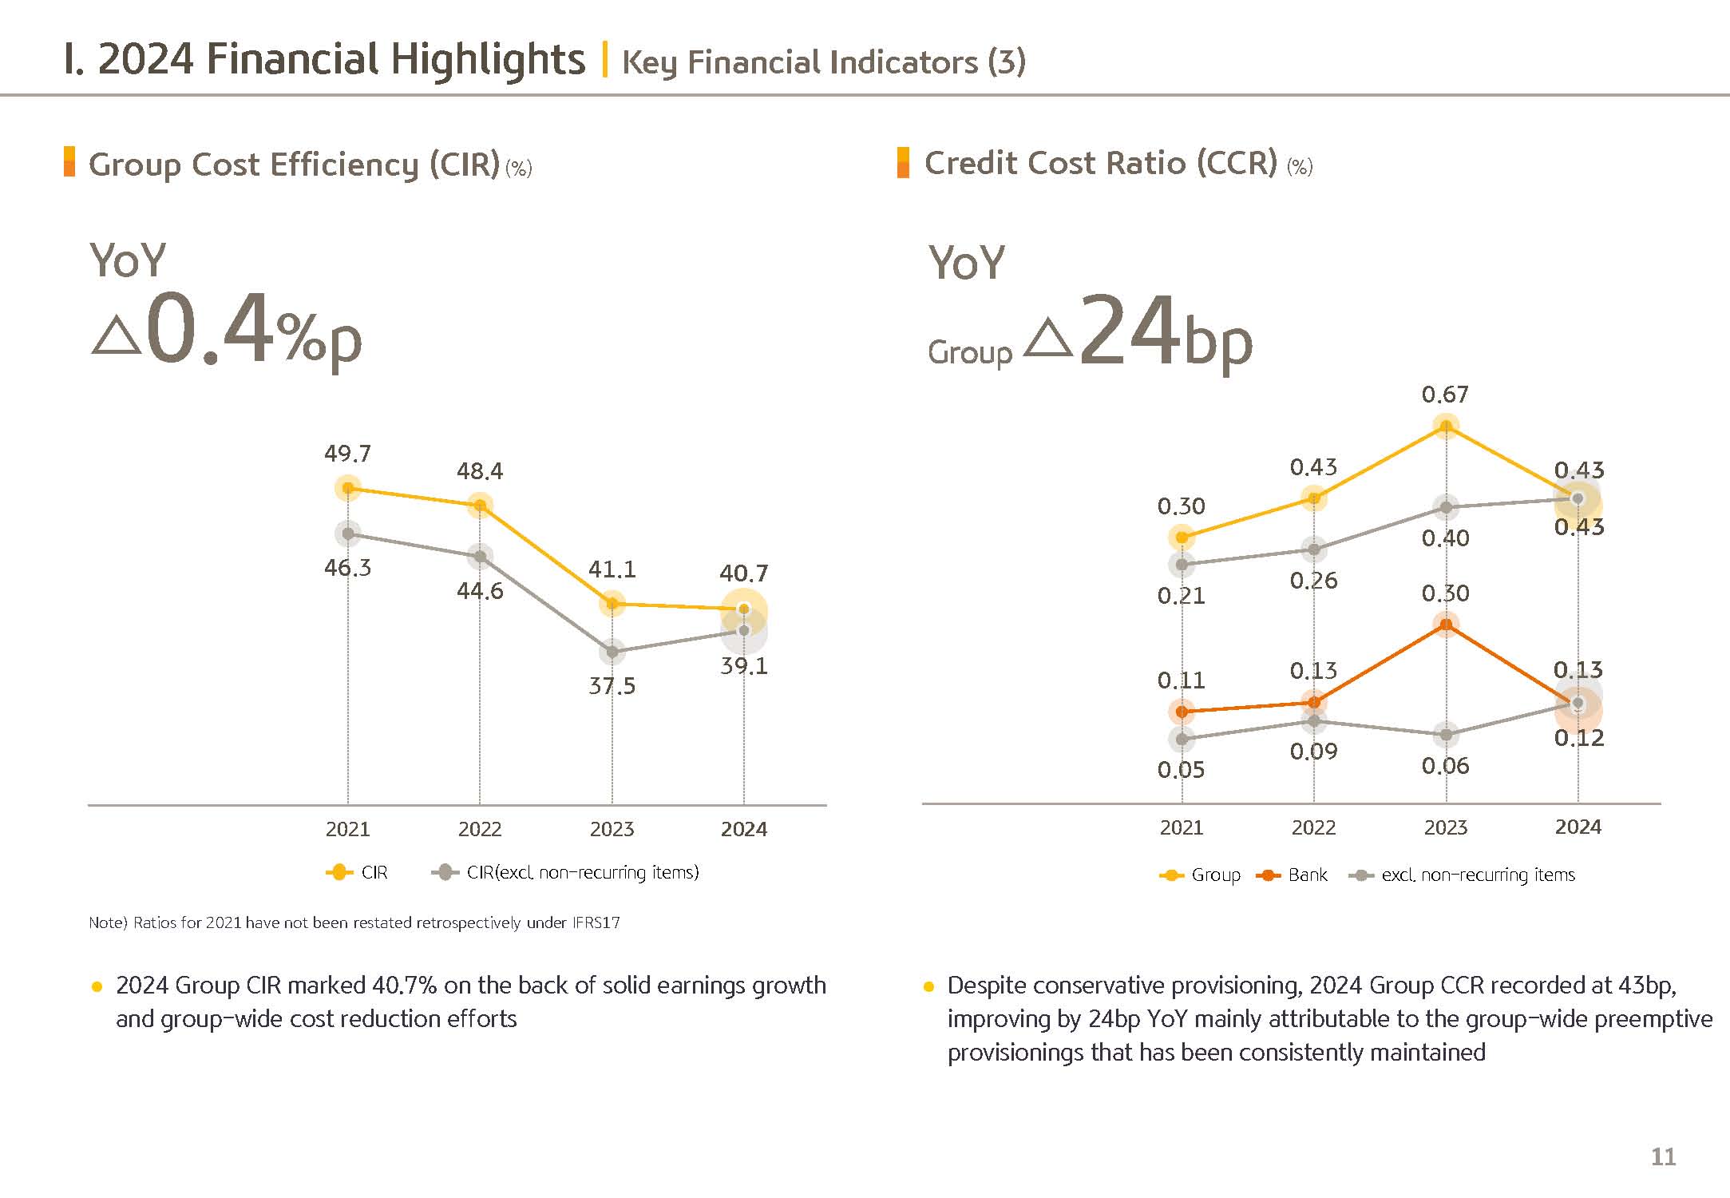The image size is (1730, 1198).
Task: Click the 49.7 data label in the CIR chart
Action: click(347, 454)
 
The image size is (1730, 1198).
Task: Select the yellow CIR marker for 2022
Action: click(480, 506)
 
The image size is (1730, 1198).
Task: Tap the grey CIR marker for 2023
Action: click(612, 652)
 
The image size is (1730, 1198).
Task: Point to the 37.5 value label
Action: click(612, 686)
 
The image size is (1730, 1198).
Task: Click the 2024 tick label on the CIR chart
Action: click(743, 829)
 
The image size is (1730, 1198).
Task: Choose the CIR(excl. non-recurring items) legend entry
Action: click(565, 872)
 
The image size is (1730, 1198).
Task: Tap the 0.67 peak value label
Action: click(1445, 395)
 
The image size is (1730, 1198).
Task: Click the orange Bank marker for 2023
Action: click(1446, 624)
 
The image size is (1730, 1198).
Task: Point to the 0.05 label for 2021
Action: click(1181, 770)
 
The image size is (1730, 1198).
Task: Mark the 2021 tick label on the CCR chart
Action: click(1181, 827)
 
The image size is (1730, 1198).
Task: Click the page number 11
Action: click(1663, 1156)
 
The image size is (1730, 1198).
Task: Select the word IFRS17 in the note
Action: click(596, 923)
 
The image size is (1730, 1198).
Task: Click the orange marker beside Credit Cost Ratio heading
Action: click(903, 162)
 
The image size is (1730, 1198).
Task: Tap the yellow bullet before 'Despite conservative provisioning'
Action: click(928, 987)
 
